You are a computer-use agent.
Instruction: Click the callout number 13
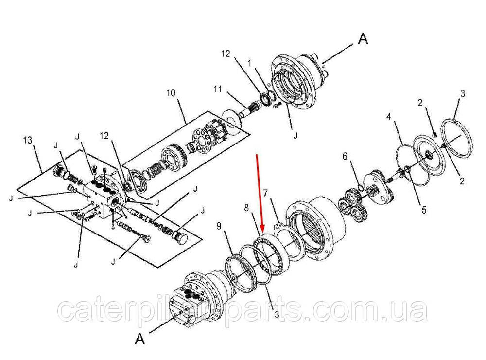tap(28, 140)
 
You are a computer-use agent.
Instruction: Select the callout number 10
tap(171, 93)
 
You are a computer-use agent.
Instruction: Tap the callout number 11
tap(218, 89)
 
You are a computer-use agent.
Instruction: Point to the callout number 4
tap(389, 117)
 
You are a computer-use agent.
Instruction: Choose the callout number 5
tap(424, 210)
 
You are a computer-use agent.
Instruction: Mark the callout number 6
tap(345, 157)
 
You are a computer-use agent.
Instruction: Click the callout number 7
tap(265, 193)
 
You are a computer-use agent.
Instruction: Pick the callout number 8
tap(246, 208)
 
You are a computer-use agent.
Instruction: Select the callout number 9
tap(219, 226)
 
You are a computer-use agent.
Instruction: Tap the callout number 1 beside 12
tap(249, 64)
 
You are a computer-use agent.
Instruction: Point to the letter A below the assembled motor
tap(140, 339)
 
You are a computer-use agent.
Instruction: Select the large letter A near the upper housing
tap(363, 39)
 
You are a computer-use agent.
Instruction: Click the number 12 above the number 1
tap(226, 54)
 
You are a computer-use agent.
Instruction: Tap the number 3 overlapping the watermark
tap(277, 315)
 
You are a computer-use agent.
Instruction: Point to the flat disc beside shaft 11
tap(231, 122)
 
